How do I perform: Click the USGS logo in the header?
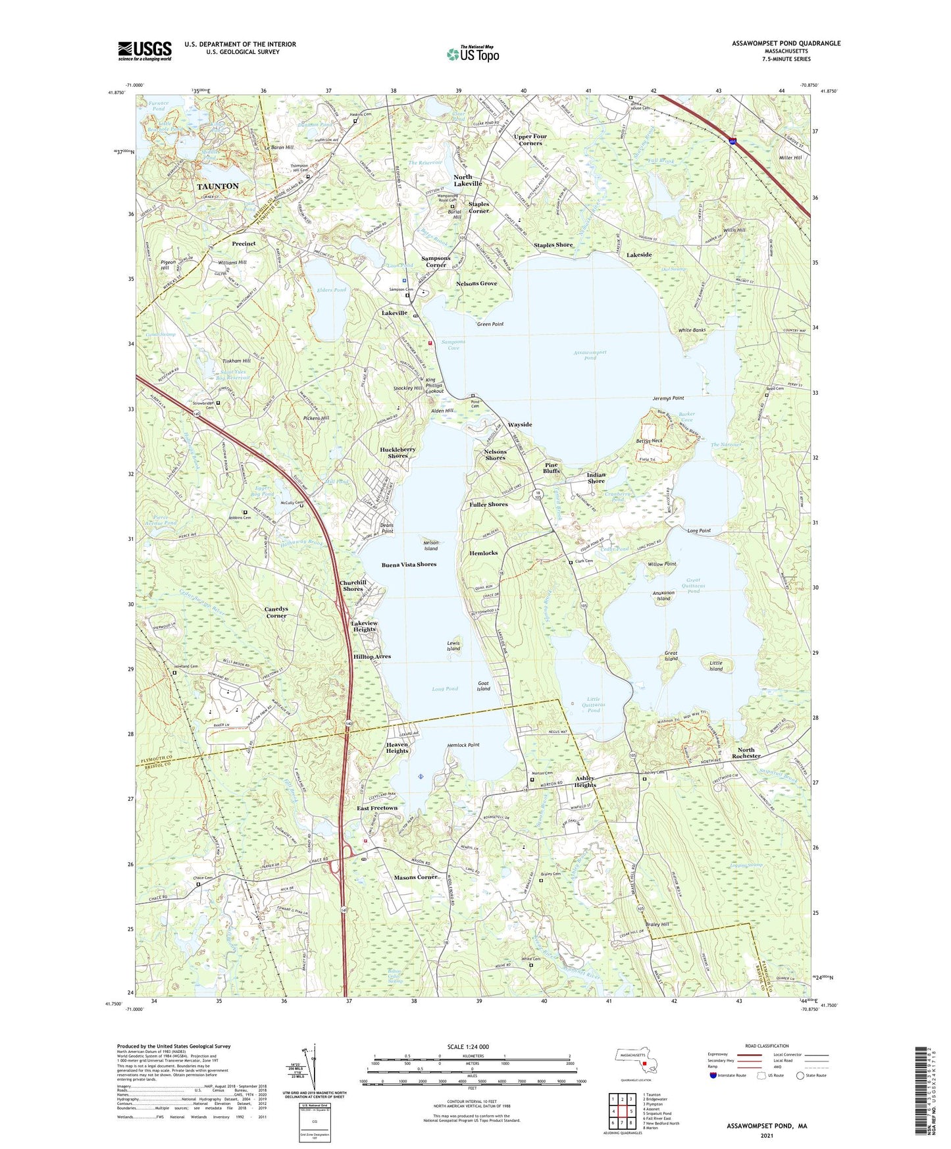coord(145,50)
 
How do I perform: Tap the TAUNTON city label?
coord(218,186)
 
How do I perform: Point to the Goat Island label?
coord(483,686)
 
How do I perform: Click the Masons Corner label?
coord(416,877)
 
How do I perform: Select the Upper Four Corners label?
coord(530,140)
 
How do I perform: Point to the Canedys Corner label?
coord(276,612)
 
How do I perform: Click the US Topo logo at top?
coord(473,54)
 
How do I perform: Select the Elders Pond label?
coord(332,290)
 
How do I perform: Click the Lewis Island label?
coord(453,646)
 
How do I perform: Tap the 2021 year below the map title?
coord(767,1136)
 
